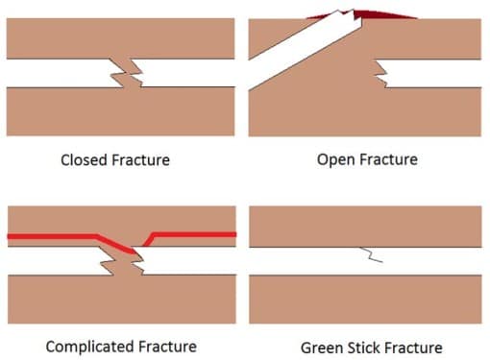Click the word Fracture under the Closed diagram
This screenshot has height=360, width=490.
tap(140, 160)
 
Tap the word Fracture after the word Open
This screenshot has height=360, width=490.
tap(386, 159)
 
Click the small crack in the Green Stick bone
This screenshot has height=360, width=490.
tap(369, 255)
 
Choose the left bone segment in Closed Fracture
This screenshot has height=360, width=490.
tap(58, 73)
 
